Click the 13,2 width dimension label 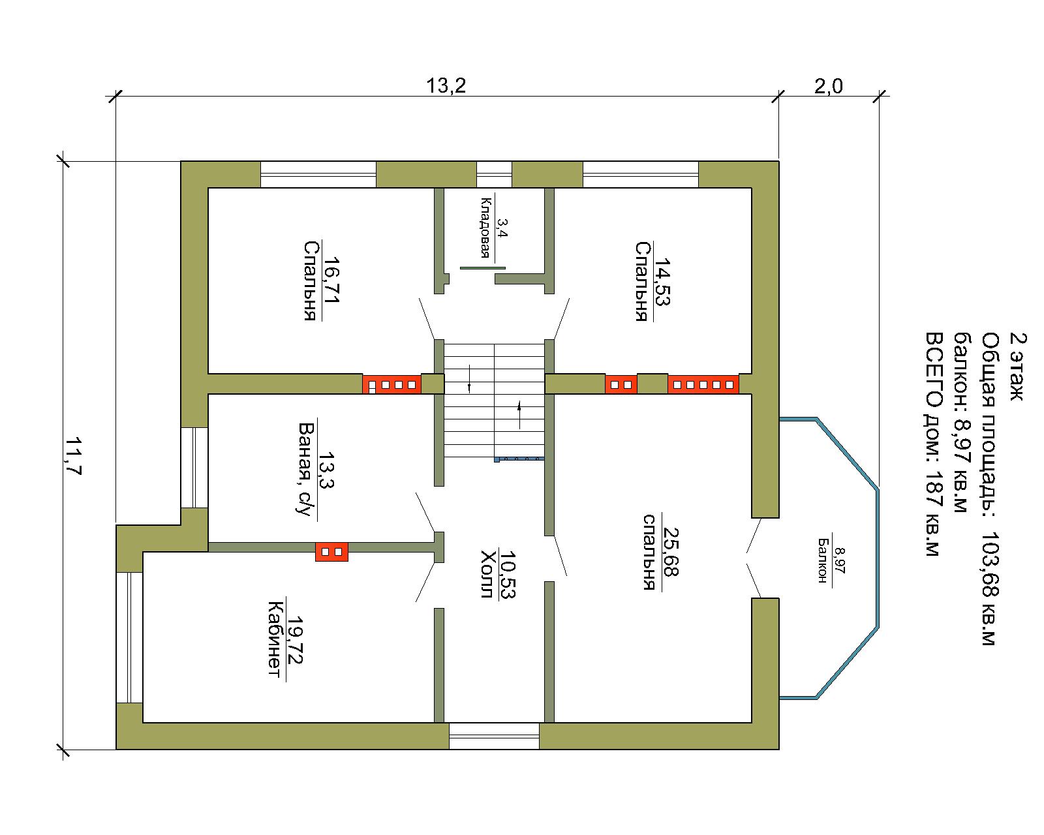pyautogui.click(x=446, y=86)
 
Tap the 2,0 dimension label pyautogui.click(x=828, y=86)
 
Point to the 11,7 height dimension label pyautogui.click(x=73, y=456)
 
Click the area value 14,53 pyautogui.click(x=663, y=281)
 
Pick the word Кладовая pyautogui.click(x=485, y=228)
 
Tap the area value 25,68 pyautogui.click(x=671, y=552)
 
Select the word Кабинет pyautogui.click(x=275, y=639)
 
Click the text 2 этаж pyautogui.click(x=1018, y=367)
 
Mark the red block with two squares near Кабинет pyautogui.click(x=332, y=552)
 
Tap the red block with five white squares pyautogui.click(x=703, y=384)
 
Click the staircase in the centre pyautogui.click(x=495, y=401)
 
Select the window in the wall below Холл pyautogui.click(x=494, y=736)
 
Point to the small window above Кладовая pyautogui.click(x=494, y=174)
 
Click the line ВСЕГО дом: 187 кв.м pyautogui.click(x=934, y=444)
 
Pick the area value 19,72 pyautogui.click(x=294, y=640)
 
